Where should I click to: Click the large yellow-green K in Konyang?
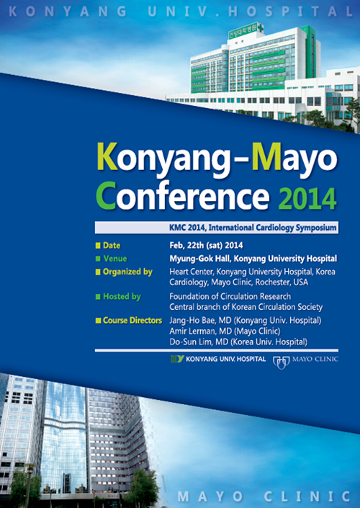pyautogui.click(x=107, y=157)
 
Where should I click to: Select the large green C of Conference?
pyautogui.click(x=106, y=196)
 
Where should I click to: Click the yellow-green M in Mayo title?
pyautogui.click(x=266, y=157)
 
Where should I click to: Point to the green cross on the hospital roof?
pyautogui.click(x=259, y=28)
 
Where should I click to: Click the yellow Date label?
pyautogui.click(x=112, y=246)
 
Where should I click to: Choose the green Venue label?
pyautogui.click(x=115, y=259)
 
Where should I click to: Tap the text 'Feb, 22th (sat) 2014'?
pyautogui.click(x=206, y=246)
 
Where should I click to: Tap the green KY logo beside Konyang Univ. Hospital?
pyautogui.click(x=177, y=359)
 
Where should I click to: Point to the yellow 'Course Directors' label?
pyautogui.click(x=132, y=321)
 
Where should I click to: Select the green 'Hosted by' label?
pyautogui.click(x=122, y=297)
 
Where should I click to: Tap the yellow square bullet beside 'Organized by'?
pyautogui.click(x=98, y=272)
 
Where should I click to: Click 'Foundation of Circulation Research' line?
pyautogui.click(x=230, y=296)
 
